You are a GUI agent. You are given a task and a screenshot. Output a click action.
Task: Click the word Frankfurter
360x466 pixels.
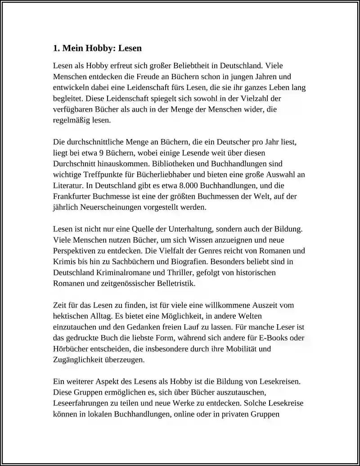(x=72, y=196)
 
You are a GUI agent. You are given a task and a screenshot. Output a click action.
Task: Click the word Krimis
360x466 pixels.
(x=64, y=261)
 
